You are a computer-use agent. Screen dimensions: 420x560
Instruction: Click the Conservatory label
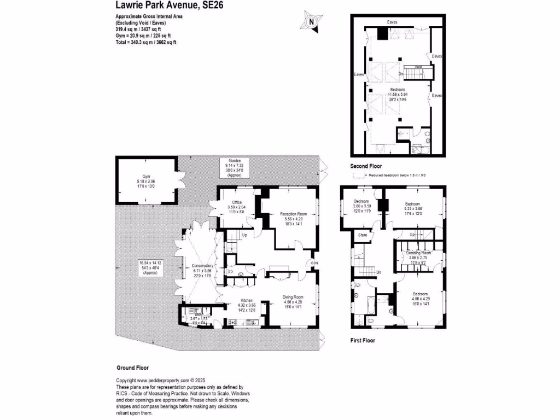[203, 266]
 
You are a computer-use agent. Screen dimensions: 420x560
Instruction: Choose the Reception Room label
[293, 214]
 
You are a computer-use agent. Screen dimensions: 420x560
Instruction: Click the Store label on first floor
[363, 236]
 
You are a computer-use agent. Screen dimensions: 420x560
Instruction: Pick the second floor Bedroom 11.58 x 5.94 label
[398, 89]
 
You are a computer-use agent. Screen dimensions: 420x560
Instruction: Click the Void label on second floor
[418, 67]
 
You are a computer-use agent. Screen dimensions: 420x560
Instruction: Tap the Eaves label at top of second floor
[392, 22]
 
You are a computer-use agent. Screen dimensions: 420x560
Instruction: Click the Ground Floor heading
[133, 368]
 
